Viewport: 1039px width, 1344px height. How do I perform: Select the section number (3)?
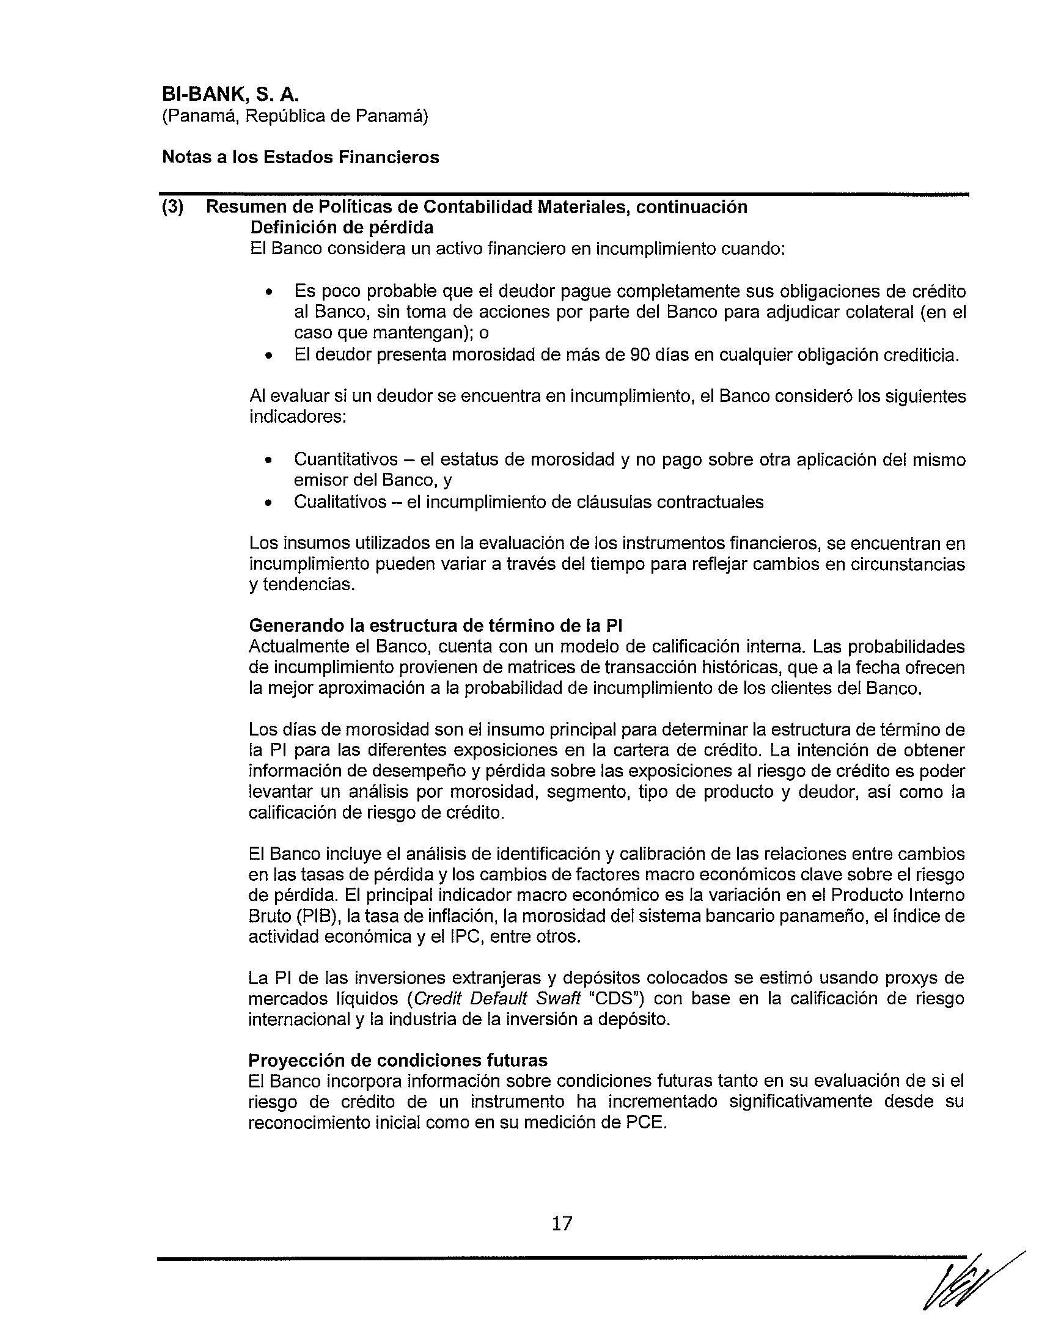click(x=172, y=207)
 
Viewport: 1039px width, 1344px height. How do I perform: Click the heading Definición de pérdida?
click(x=342, y=228)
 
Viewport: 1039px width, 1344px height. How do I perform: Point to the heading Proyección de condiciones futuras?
click(x=398, y=1061)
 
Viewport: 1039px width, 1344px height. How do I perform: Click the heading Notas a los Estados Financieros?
click(x=300, y=158)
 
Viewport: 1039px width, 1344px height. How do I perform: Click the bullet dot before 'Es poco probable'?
click(x=268, y=292)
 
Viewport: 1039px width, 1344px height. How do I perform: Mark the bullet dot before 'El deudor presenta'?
click(x=268, y=356)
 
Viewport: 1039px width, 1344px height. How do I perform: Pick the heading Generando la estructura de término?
click(x=436, y=626)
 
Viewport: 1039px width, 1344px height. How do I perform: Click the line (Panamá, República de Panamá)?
click(x=295, y=116)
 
